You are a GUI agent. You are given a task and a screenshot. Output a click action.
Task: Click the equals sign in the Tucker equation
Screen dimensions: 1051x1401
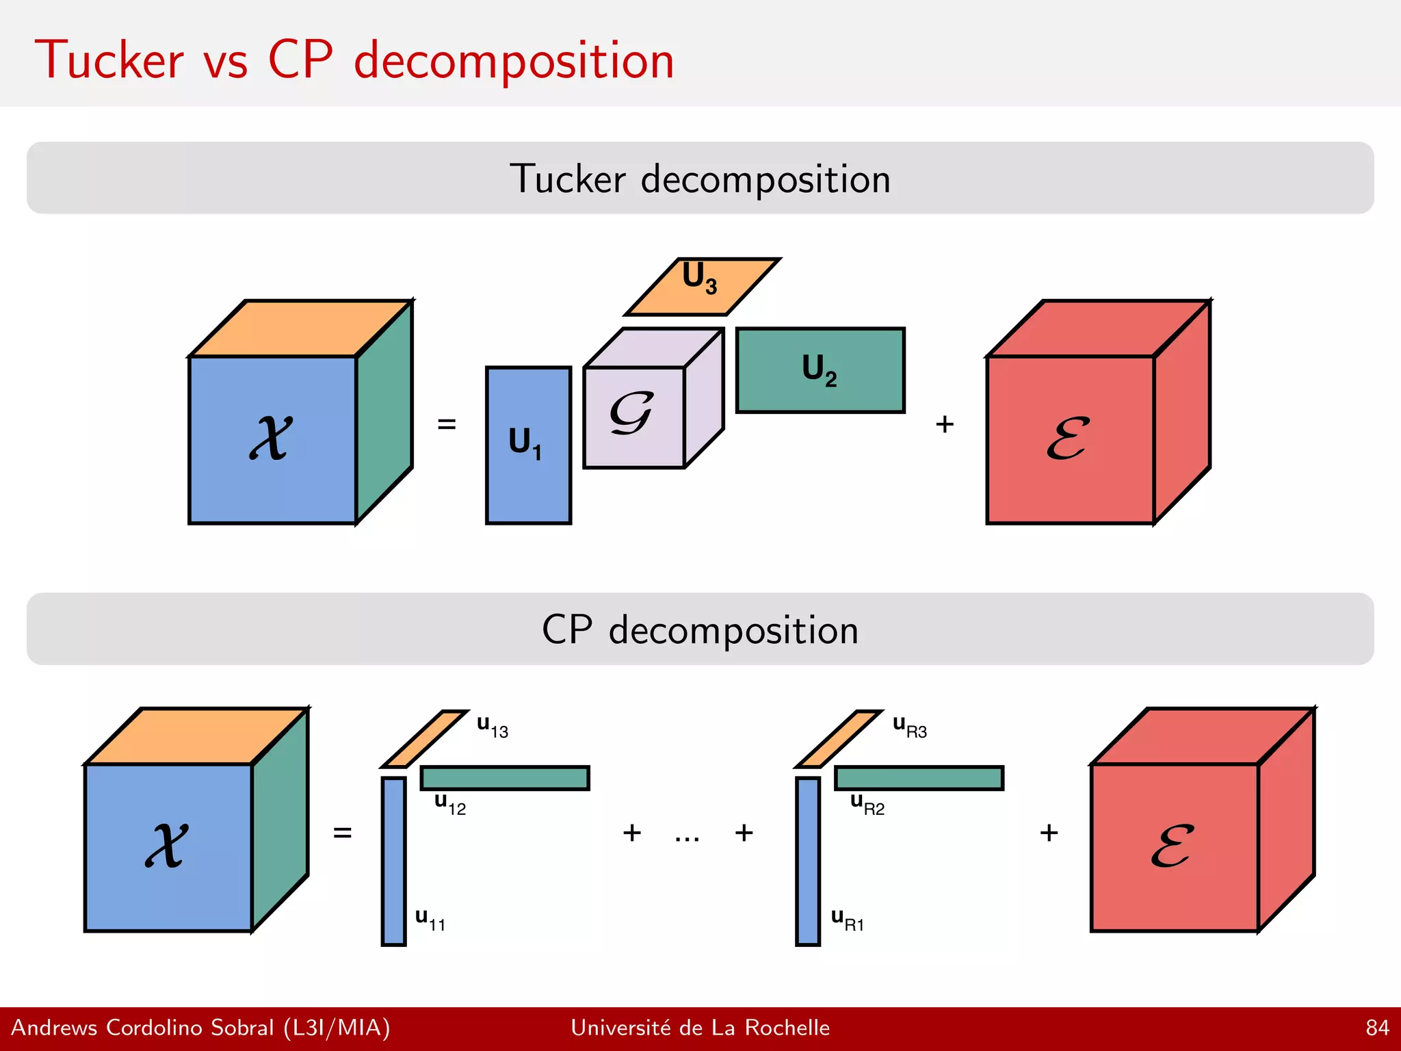click(x=446, y=424)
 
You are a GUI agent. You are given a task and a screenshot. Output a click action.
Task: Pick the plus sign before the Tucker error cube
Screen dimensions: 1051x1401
click(x=944, y=424)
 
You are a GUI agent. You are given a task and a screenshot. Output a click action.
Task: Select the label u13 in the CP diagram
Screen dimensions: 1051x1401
click(x=493, y=727)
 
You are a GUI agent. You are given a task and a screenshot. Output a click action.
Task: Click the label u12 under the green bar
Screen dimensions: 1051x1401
click(x=450, y=804)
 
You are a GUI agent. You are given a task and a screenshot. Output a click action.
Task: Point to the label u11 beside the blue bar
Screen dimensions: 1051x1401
click(x=430, y=920)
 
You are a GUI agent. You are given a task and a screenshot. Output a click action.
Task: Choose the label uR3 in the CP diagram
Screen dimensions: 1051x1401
click(x=910, y=727)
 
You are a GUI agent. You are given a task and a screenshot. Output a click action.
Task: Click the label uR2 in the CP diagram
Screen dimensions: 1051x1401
click(x=867, y=804)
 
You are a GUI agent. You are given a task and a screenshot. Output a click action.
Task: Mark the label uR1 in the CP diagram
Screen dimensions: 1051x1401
click(x=847, y=920)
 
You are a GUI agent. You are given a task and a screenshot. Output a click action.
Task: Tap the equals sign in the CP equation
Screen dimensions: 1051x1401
click(x=342, y=833)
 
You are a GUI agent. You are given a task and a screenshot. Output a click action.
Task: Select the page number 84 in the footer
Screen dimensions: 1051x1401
click(x=1377, y=1028)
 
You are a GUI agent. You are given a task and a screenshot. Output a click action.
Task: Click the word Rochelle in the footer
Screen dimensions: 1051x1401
click(x=787, y=1028)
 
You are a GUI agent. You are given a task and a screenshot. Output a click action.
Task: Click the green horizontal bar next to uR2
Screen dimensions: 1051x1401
click(x=919, y=778)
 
